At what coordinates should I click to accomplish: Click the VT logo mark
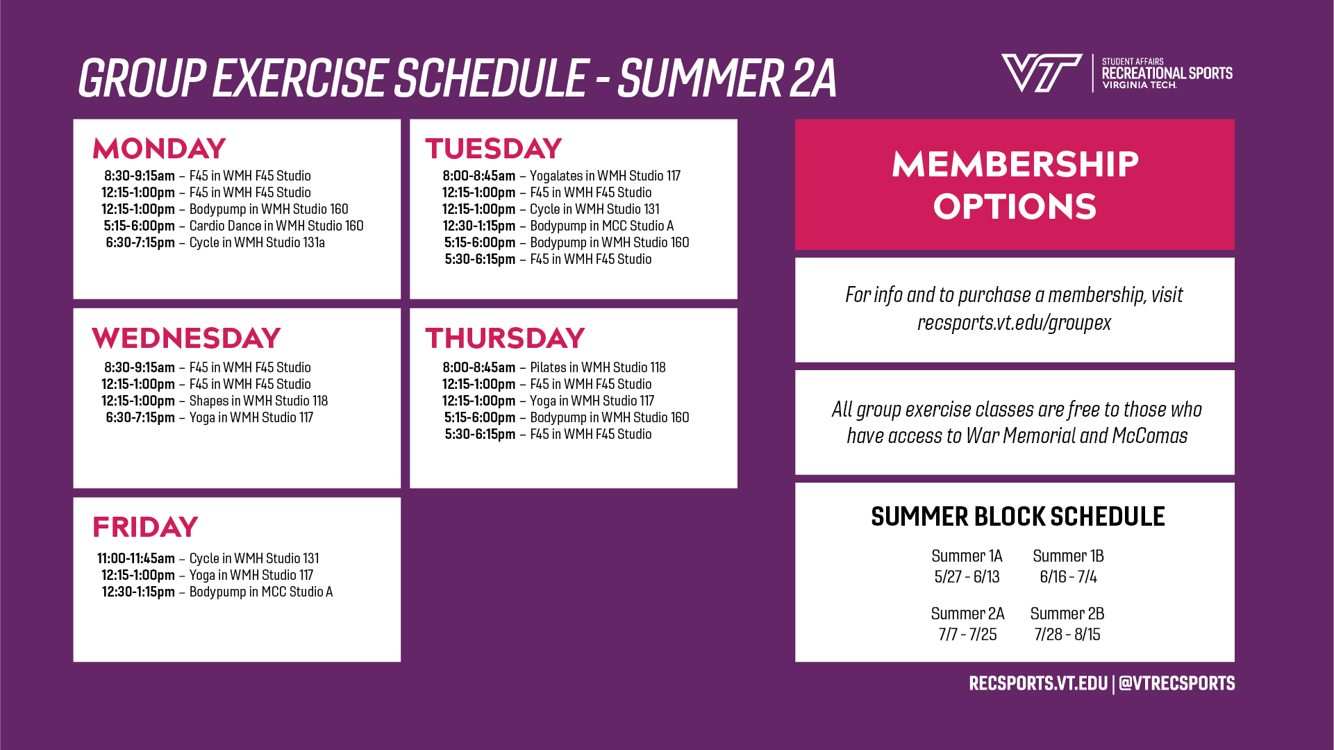click(1041, 73)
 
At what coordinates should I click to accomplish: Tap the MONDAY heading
click(159, 149)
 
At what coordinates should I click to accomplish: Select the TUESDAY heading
click(494, 149)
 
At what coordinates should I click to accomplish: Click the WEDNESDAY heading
click(186, 338)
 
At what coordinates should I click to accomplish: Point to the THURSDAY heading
click(505, 338)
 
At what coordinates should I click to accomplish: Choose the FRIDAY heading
click(145, 527)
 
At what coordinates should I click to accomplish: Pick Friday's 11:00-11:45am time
click(136, 558)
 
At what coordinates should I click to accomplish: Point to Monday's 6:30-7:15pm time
click(140, 242)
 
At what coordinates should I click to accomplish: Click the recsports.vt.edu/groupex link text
click(1014, 323)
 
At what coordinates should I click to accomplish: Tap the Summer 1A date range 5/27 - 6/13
click(967, 577)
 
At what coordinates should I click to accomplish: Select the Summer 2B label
click(1067, 614)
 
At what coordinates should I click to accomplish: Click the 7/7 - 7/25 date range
click(967, 635)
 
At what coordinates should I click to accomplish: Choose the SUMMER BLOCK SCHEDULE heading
click(1017, 517)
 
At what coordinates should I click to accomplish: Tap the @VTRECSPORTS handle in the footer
click(1177, 683)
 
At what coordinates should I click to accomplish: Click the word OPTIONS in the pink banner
click(1015, 207)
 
